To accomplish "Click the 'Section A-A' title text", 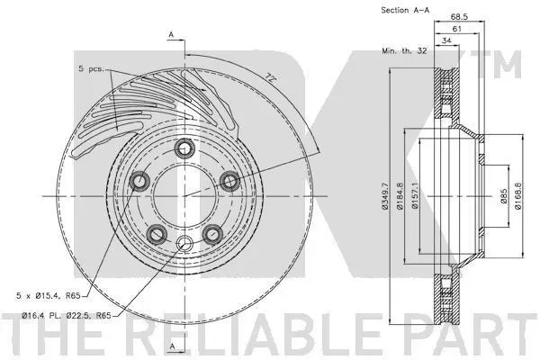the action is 405,10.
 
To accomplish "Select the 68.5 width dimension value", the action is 459,16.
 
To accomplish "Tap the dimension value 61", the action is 456,30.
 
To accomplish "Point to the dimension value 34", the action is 446,40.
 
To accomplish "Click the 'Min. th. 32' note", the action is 404,50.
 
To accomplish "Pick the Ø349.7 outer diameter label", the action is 384,196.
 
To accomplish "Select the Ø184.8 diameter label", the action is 400,196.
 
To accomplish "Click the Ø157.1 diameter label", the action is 415,196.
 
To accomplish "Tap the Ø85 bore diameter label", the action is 504,196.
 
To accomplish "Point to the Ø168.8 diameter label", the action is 518,196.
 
